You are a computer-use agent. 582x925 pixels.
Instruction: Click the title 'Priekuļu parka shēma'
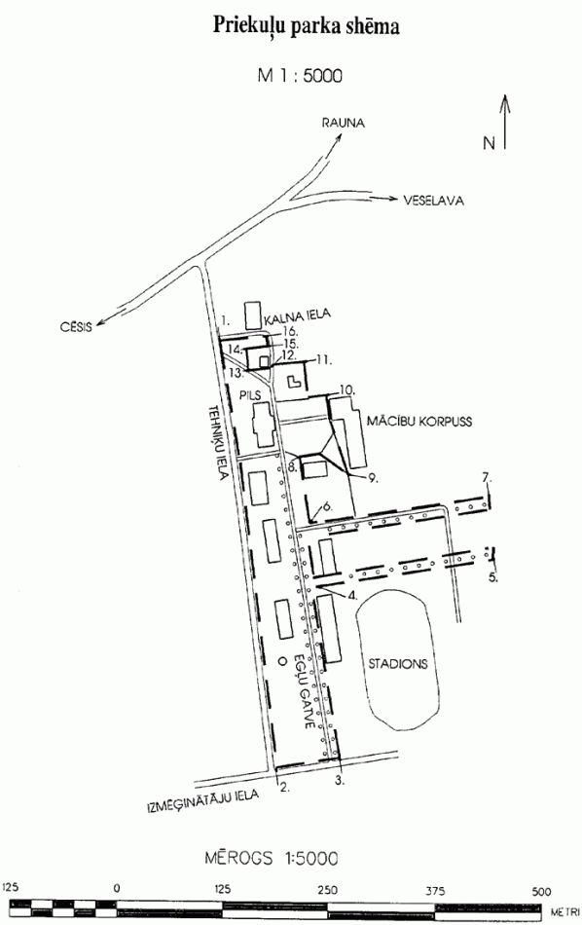306,27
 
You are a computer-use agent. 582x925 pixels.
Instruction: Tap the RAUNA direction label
343,124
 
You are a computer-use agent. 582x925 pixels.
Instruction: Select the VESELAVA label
433,201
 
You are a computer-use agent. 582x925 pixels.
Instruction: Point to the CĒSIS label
76,326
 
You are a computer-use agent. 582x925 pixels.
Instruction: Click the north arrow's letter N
489,143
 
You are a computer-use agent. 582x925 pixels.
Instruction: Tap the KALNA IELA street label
297,316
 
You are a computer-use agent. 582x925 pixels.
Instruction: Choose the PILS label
250,394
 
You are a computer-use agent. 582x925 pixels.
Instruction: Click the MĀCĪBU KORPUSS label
419,422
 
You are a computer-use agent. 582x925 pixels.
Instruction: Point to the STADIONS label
398,664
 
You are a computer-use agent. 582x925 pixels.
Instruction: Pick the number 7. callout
486,477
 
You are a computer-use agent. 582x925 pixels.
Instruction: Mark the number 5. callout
493,577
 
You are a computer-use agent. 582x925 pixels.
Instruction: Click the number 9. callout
373,478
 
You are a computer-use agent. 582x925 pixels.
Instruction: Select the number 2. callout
285,787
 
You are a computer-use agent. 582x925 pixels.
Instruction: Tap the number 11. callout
324,359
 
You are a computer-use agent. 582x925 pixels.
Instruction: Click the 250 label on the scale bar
327,891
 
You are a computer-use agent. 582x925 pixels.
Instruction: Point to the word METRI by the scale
564,912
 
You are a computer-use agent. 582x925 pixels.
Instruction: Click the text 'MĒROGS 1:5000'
272,858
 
